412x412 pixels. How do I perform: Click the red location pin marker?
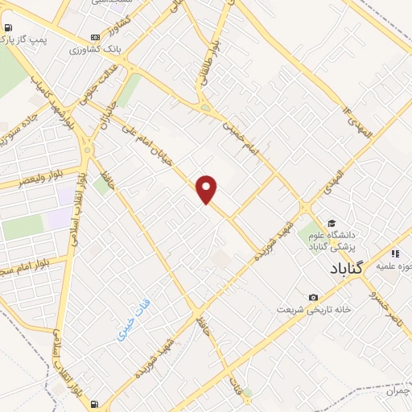208,189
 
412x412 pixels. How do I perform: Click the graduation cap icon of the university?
330,223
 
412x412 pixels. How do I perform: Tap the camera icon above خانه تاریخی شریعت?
313,298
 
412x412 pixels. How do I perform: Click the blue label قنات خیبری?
133,321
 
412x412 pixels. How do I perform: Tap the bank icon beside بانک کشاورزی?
96,36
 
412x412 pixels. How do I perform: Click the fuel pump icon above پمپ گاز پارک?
9,30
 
